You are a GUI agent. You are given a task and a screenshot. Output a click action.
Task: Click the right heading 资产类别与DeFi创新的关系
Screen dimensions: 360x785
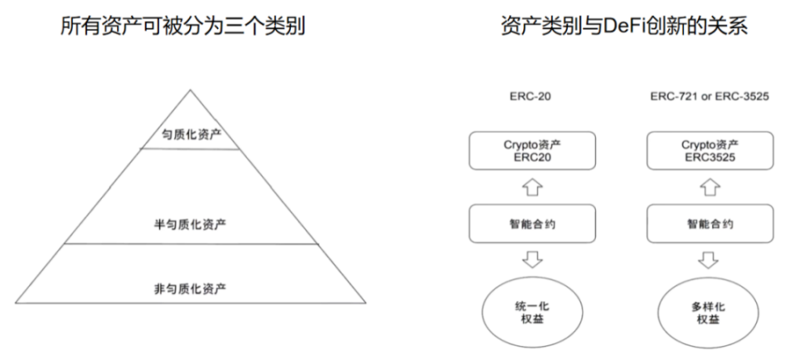(x=623, y=27)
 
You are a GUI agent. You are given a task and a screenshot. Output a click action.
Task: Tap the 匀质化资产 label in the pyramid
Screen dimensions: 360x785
(x=191, y=136)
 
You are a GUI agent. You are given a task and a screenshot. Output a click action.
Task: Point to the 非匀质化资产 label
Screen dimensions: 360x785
(x=191, y=287)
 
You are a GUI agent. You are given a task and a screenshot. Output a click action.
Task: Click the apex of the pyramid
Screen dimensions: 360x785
(x=191, y=90)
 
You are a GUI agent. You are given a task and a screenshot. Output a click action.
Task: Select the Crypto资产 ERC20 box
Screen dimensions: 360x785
(x=531, y=152)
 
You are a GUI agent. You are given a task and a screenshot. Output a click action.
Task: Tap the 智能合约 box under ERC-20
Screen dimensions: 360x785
(x=531, y=224)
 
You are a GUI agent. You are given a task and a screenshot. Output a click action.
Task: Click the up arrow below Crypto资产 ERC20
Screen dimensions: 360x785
(x=532, y=188)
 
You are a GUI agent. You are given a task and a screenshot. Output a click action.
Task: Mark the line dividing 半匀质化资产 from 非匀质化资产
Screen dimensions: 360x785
(x=191, y=244)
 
